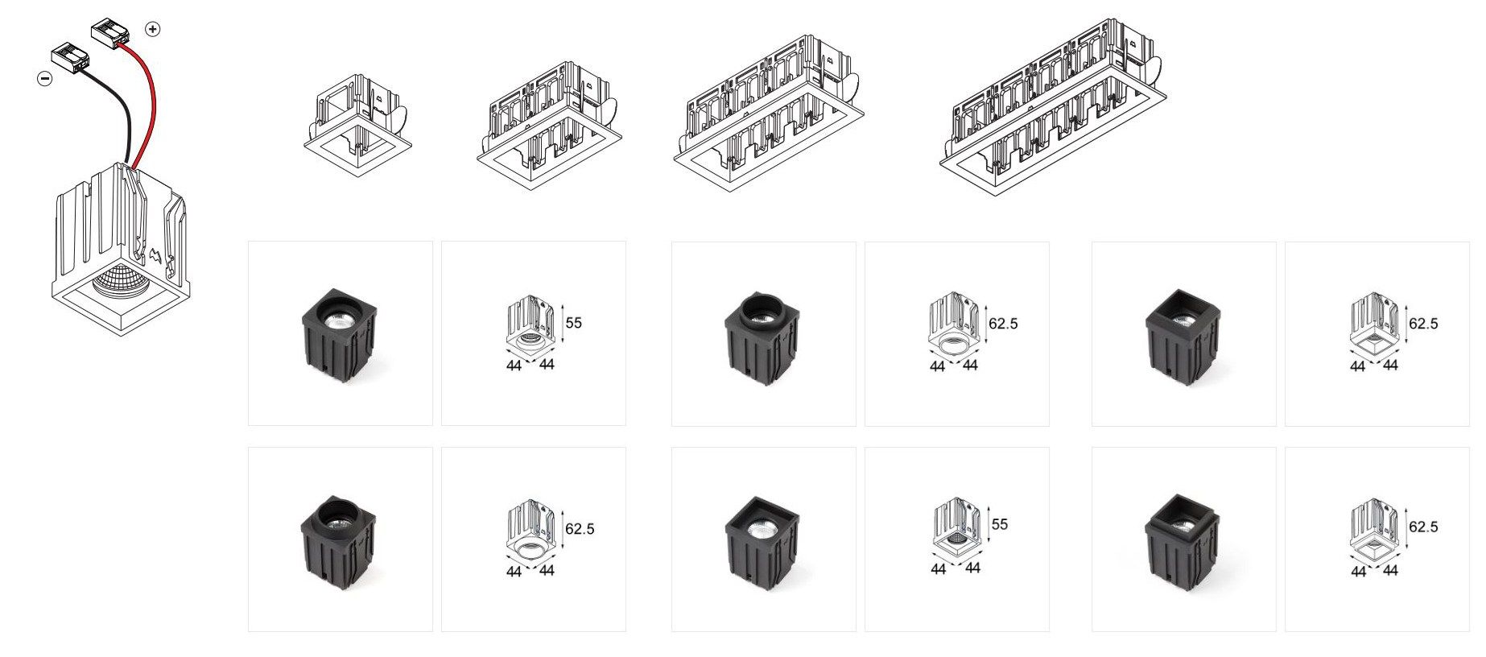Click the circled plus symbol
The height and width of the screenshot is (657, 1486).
click(x=152, y=29)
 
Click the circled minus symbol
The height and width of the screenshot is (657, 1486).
click(x=45, y=78)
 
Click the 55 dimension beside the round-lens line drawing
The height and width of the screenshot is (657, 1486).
click(x=573, y=323)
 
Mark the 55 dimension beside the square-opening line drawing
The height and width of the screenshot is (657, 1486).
click(x=999, y=524)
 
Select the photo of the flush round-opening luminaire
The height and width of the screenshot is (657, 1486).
click(x=340, y=333)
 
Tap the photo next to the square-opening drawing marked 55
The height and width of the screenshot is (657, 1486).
click(x=763, y=539)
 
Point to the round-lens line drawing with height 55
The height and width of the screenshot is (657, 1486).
click(x=530, y=326)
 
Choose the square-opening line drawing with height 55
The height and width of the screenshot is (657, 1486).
click(x=958, y=531)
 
